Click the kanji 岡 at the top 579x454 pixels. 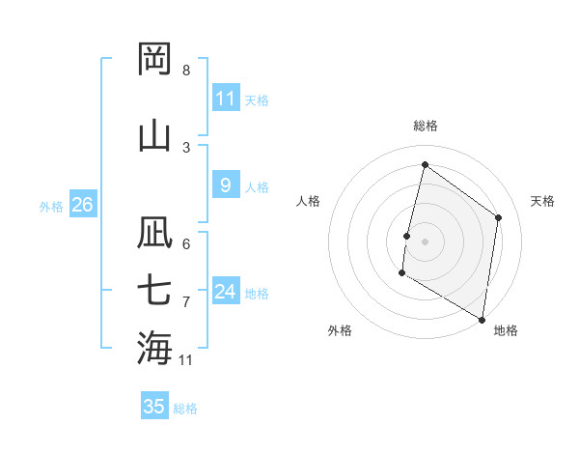coord(154,59)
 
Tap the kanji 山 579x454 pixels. coord(154,134)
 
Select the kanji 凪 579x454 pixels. coord(154,234)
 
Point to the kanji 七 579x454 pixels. coord(154,290)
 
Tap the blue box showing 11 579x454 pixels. coord(226,98)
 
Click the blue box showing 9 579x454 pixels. coord(226,185)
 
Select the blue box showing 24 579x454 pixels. coord(226,292)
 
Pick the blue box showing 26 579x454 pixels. coord(82,205)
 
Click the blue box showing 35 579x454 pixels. coord(154,407)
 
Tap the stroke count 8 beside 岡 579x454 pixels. coord(186,71)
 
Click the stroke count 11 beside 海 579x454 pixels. coord(186,360)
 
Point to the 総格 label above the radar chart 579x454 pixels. coord(426,126)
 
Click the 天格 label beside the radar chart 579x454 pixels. coord(542,201)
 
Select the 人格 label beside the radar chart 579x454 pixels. coord(308,201)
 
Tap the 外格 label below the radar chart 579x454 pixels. coord(340,330)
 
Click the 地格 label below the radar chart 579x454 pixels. coord(506,330)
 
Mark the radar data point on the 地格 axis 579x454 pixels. coord(482,319)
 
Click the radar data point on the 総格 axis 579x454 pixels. coord(425,164)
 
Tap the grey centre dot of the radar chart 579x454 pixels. coord(425,241)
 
